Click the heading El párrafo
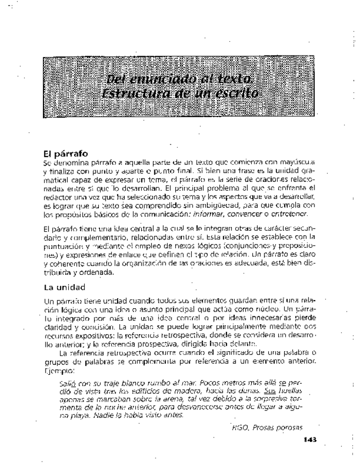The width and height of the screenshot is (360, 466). pyautogui.click(x=65, y=154)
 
